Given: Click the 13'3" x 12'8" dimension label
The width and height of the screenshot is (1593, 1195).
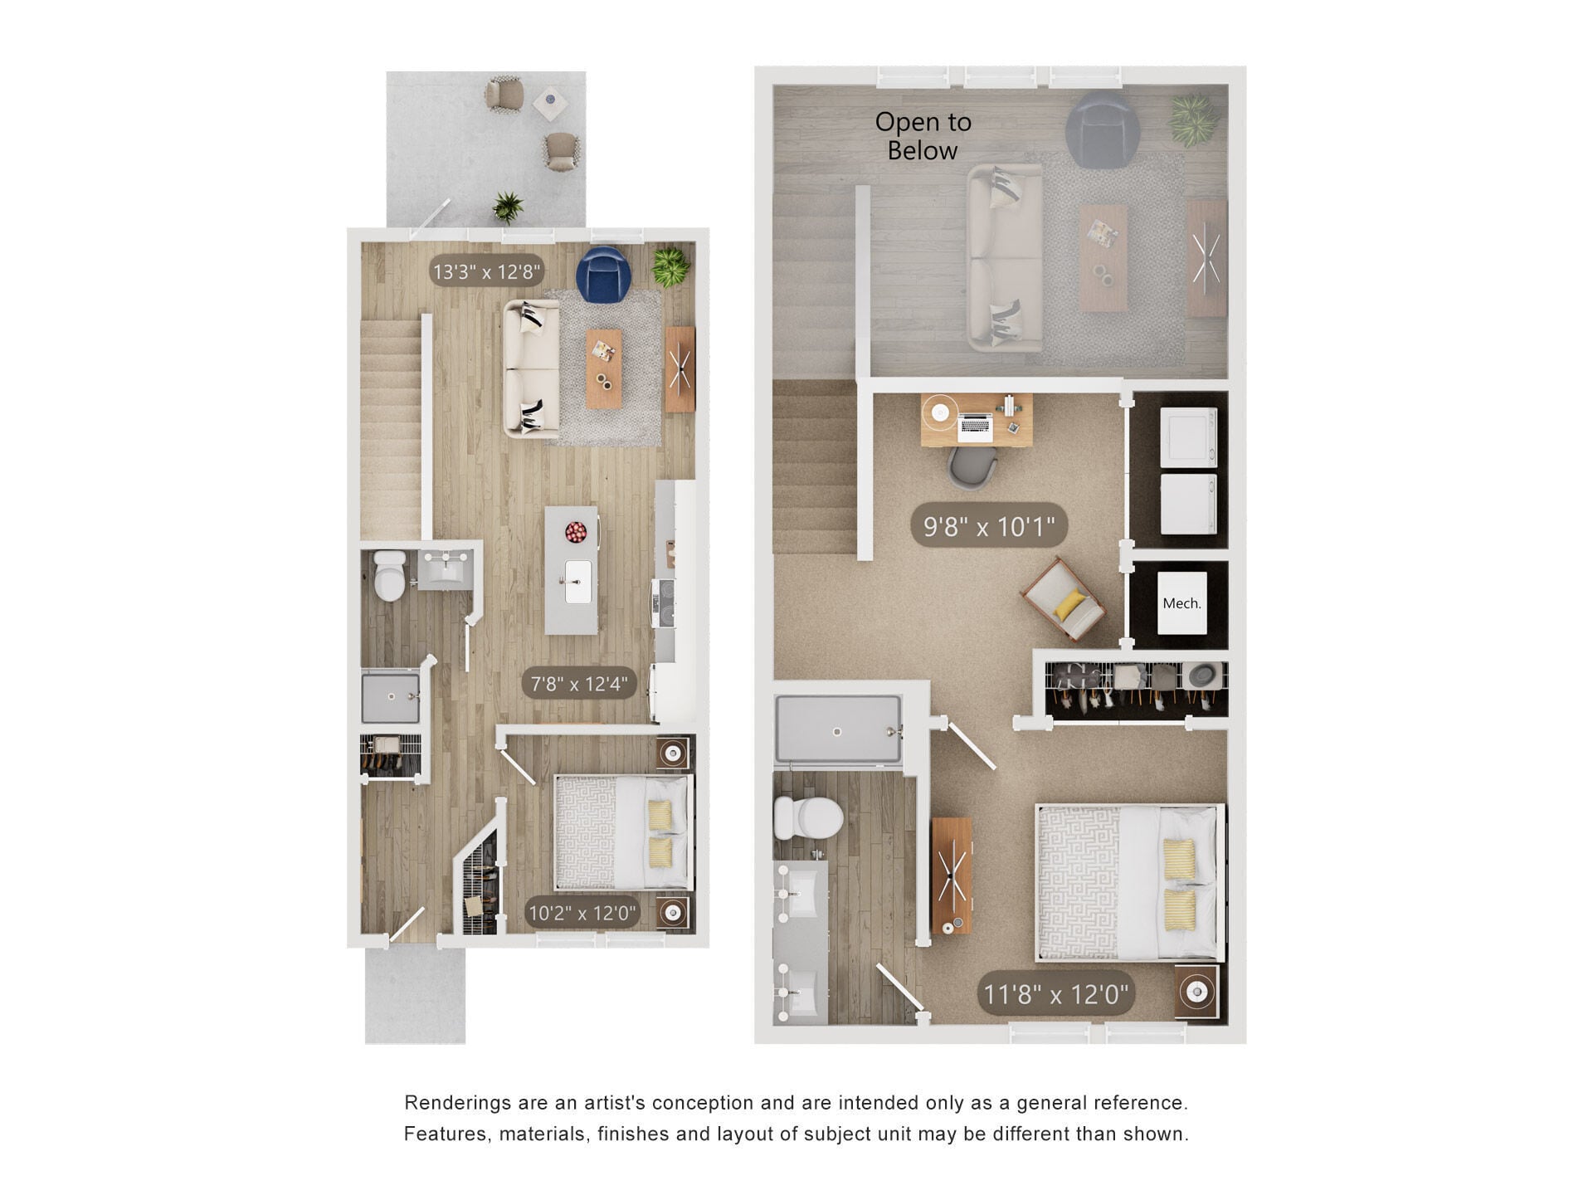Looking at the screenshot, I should [486, 271].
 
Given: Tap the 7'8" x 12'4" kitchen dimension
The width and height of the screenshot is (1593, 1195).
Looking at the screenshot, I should [578, 685].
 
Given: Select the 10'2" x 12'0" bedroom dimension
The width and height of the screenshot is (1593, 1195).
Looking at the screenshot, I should [582, 914].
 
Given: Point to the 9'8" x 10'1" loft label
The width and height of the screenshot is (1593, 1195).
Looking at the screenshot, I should [988, 526].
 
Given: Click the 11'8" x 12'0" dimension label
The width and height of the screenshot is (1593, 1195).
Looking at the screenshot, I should [1055, 994].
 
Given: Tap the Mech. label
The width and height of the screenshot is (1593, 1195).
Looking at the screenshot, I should [1181, 603].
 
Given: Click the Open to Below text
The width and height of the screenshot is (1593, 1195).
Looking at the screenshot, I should [923, 136].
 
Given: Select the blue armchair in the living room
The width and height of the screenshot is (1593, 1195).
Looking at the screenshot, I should [604, 275].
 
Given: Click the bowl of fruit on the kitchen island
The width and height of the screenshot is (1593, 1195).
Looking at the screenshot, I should [576, 531].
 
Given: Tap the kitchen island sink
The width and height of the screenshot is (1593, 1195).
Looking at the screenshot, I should [577, 581].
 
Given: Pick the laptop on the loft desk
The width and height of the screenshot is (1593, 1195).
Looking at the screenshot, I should [975, 427].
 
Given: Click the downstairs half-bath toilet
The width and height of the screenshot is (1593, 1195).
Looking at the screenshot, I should [388, 575].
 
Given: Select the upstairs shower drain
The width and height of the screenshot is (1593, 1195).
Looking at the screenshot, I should [837, 732].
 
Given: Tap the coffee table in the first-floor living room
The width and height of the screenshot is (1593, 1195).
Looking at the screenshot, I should [604, 368].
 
